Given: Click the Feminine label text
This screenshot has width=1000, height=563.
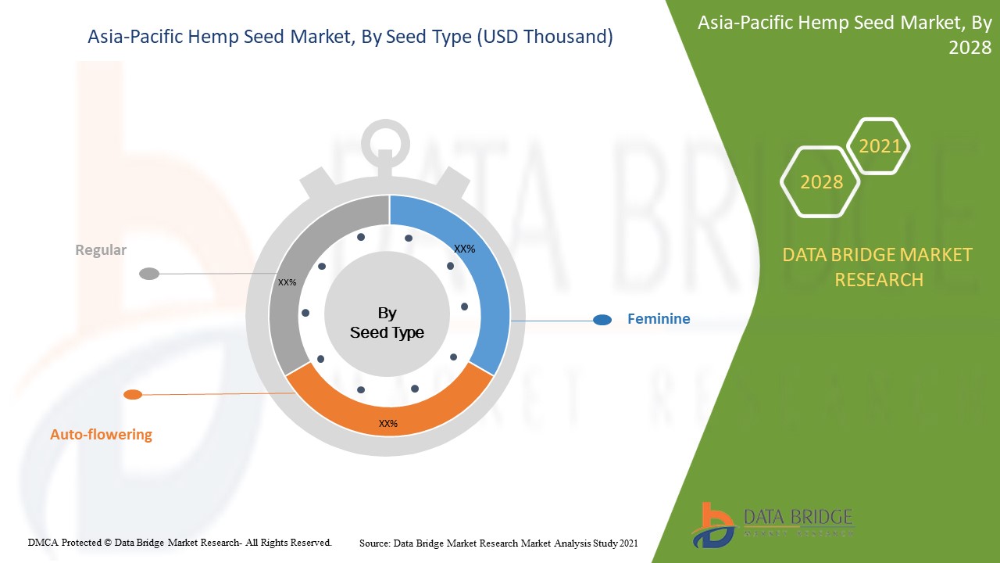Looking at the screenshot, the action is point(659,319).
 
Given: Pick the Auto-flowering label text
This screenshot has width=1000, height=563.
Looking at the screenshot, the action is point(101,434).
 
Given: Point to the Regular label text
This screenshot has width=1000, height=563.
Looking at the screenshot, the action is point(101,249).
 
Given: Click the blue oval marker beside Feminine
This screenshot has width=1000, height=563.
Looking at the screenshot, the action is point(602,320).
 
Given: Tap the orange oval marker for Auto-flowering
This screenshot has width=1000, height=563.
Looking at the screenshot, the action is point(133,395).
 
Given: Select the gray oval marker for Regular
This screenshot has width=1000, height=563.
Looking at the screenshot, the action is point(149,274).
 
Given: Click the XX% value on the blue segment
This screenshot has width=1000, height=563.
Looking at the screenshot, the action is point(464,249).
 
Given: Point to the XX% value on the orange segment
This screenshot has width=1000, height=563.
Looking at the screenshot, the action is point(388,424).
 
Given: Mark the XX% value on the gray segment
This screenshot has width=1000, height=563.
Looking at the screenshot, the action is point(287,282).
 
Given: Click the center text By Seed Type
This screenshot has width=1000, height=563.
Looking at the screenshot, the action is point(387,323).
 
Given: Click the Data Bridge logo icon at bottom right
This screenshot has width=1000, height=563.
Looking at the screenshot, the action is point(712,525).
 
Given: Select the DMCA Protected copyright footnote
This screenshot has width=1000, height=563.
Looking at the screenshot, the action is point(180,543).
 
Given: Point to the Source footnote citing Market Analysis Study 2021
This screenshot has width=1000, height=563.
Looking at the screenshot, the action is point(498,543).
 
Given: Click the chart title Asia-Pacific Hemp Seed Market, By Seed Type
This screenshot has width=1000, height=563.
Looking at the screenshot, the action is point(350,37).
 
